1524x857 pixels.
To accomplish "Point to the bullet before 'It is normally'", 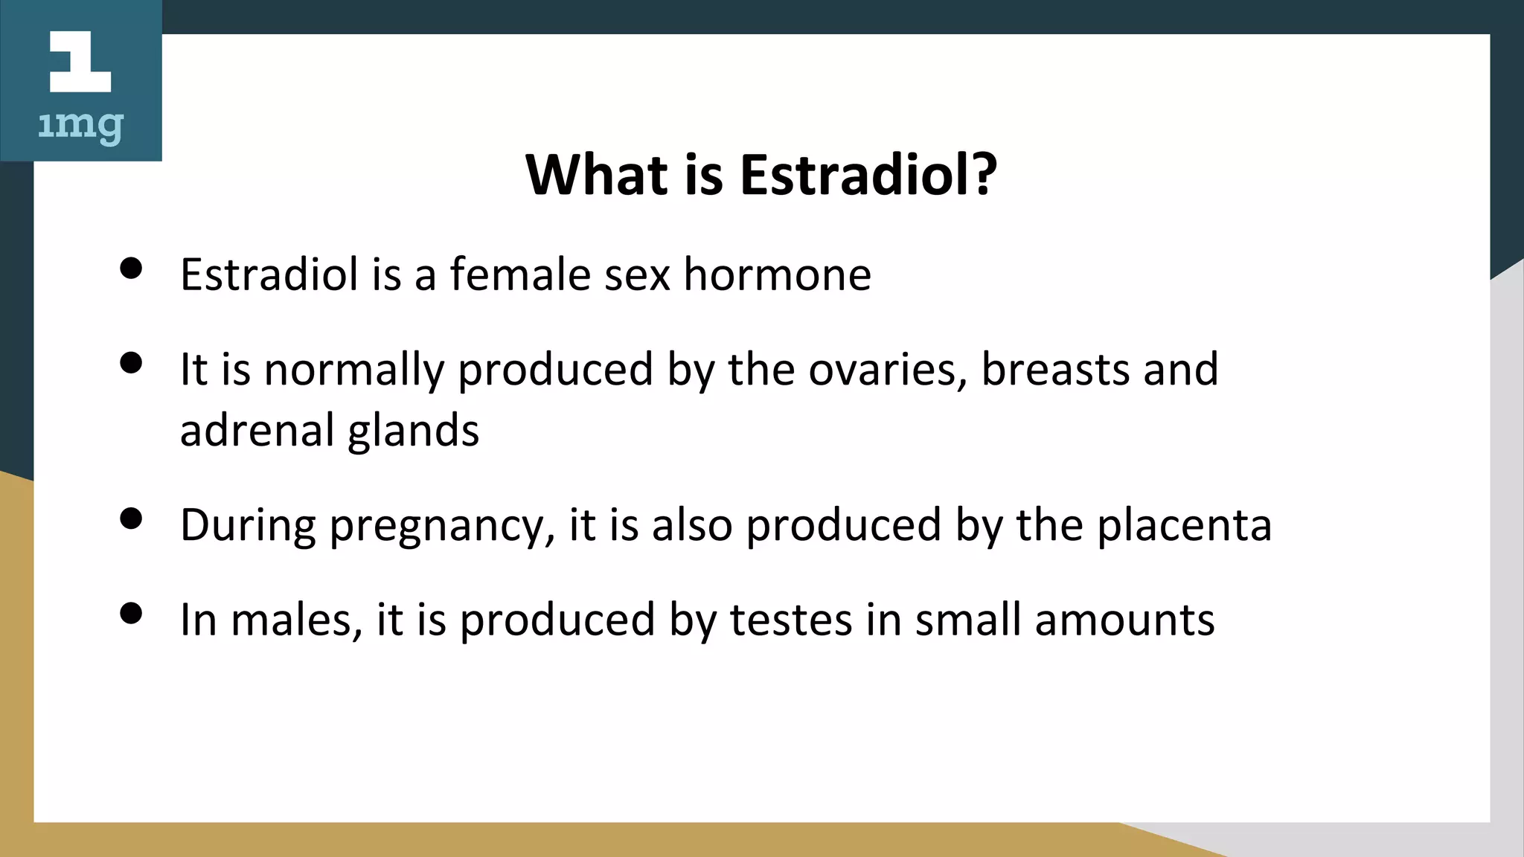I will (131, 363).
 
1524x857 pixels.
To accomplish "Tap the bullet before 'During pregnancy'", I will (131, 519).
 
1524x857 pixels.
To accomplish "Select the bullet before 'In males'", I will (131, 614).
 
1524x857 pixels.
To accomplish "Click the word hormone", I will (777, 275).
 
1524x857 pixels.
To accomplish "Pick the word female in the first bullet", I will (519, 274).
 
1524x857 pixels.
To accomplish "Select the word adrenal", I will (257, 431).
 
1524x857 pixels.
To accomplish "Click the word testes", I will (790, 620).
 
